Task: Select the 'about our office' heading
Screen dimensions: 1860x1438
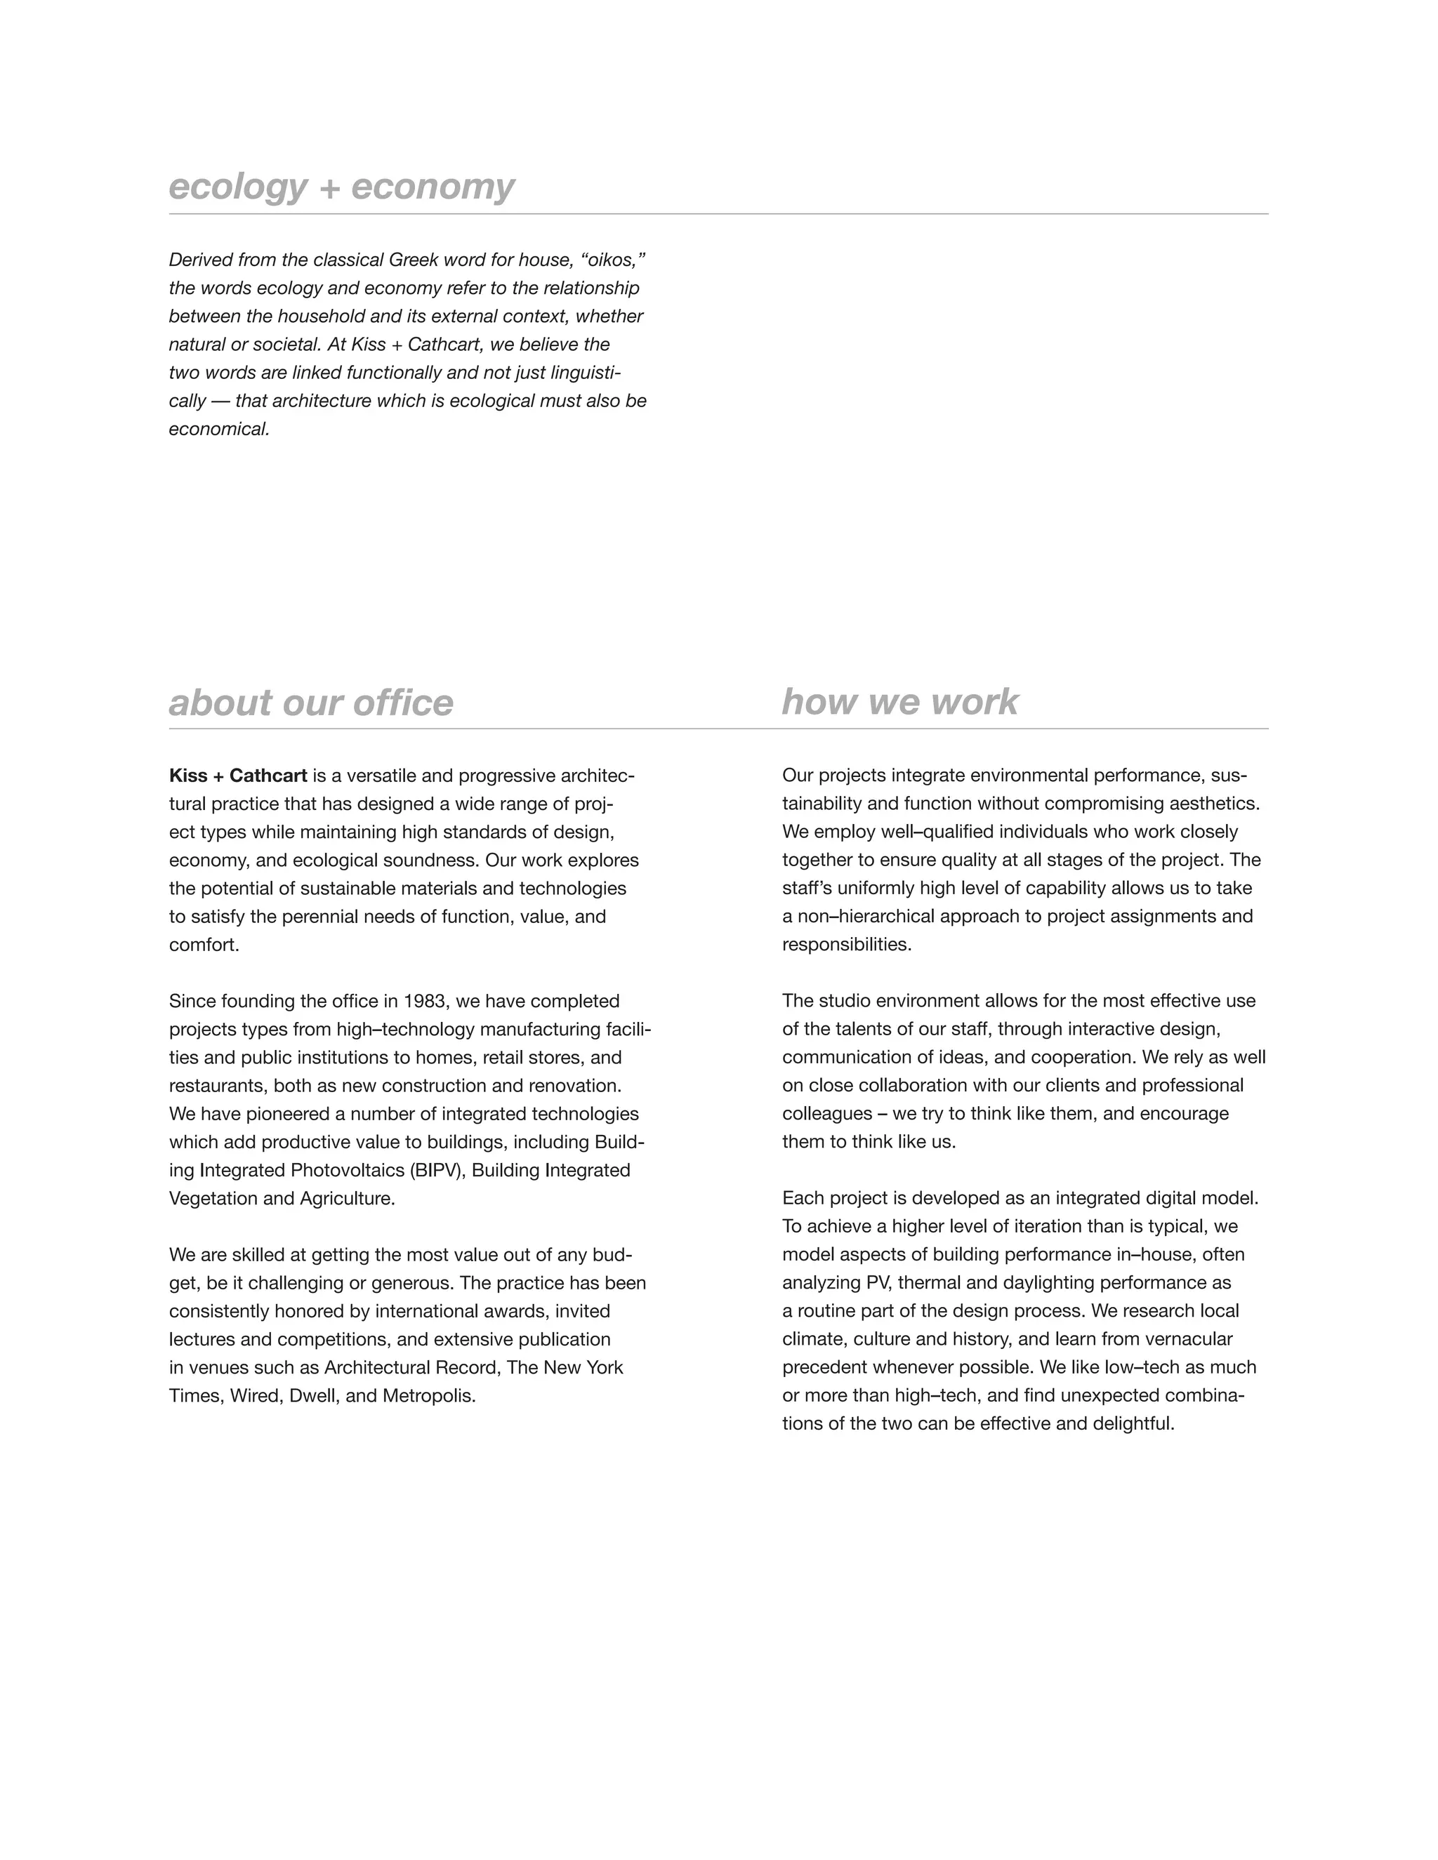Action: (311, 703)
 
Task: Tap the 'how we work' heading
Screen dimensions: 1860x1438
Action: (899, 702)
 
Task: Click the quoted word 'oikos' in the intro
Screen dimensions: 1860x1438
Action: (612, 260)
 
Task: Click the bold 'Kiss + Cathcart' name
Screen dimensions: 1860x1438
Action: (238, 776)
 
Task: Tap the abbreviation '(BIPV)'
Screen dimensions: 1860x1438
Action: (438, 1170)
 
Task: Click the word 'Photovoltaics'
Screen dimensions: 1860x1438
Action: (348, 1170)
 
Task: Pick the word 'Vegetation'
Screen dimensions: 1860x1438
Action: (213, 1198)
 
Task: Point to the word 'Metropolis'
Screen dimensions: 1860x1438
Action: (428, 1396)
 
